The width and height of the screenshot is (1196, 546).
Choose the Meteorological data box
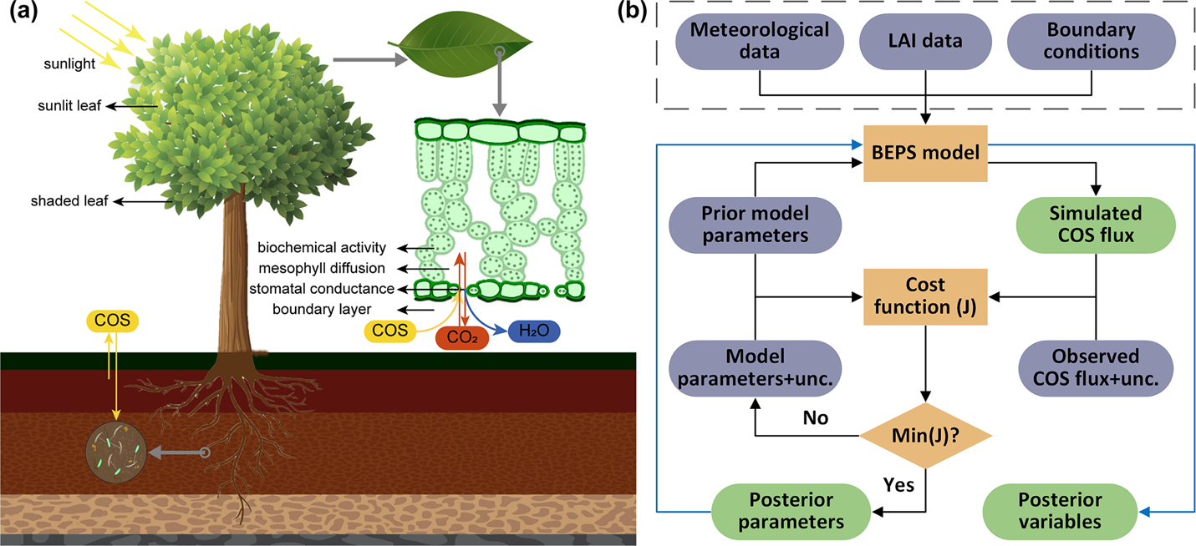click(760, 41)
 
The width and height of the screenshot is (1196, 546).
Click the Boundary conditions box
click(1094, 41)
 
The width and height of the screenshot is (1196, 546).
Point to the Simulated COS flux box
click(1095, 224)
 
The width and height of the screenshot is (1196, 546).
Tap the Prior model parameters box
click(755, 224)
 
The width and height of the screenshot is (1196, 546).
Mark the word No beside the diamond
click(815, 417)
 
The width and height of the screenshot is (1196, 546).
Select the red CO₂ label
click(462, 337)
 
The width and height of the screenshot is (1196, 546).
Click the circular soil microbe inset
click(116, 452)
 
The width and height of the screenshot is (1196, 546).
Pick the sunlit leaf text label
click(69, 106)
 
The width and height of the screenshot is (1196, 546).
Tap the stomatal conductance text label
click(322, 290)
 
